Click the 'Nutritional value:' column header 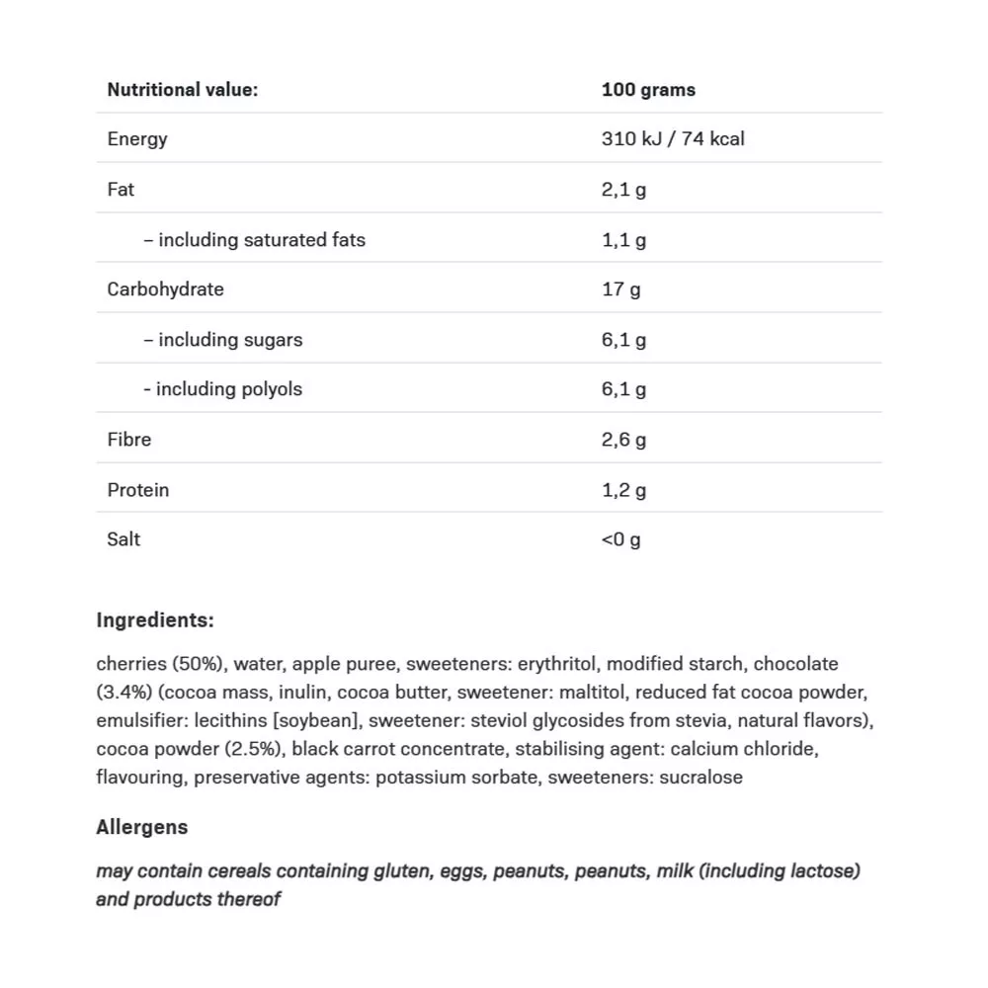pos(182,90)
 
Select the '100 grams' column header pos(648,90)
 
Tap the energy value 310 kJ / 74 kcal pos(673,139)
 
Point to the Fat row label pos(121,189)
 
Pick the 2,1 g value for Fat pos(623,189)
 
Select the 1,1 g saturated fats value pos(623,239)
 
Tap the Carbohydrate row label pos(165,289)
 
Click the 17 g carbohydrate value pos(620,289)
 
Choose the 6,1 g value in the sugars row pos(623,340)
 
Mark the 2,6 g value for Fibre pos(623,440)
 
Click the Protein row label pos(137,490)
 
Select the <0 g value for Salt pos(620,539)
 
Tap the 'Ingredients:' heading pos(154,620)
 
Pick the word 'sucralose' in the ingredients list pos(700,778)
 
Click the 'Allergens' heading pos(141,827)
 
